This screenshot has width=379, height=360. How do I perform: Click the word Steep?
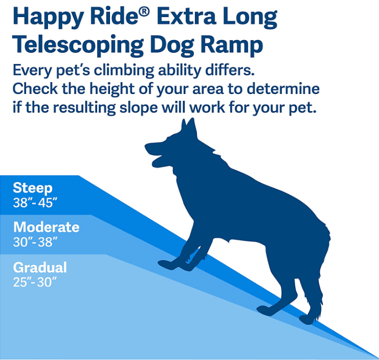pos(33,188)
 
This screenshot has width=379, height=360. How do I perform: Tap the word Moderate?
pos(46,227)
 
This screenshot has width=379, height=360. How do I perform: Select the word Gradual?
pos(40,268)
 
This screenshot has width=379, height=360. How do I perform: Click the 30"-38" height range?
pos(35,242)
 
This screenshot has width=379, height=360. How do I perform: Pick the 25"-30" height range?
pos(35,283)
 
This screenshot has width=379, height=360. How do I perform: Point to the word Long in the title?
pos(251,19)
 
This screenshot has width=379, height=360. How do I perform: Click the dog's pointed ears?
pos(189,128)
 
